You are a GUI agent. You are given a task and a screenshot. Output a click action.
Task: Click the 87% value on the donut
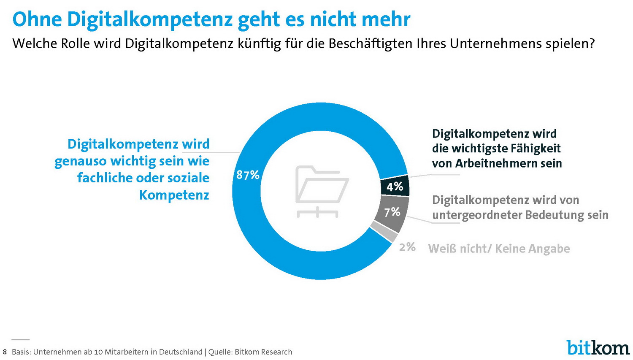click(248, 175)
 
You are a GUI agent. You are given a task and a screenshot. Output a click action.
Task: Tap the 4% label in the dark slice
click(395, 187)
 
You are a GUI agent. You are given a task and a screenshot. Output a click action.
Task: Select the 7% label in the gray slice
click(392, 211)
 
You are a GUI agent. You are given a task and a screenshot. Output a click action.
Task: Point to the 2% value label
click(407, 247)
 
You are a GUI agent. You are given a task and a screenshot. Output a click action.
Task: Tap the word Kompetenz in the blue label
click(174, 195)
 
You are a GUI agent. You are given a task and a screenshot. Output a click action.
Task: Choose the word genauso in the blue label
click(80, 161)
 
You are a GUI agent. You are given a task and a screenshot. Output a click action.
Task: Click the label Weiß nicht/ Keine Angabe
click(499, 249)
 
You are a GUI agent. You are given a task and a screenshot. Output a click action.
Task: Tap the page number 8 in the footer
click(5, 352)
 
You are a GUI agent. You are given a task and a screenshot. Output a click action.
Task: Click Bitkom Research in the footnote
click(263, 352)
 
